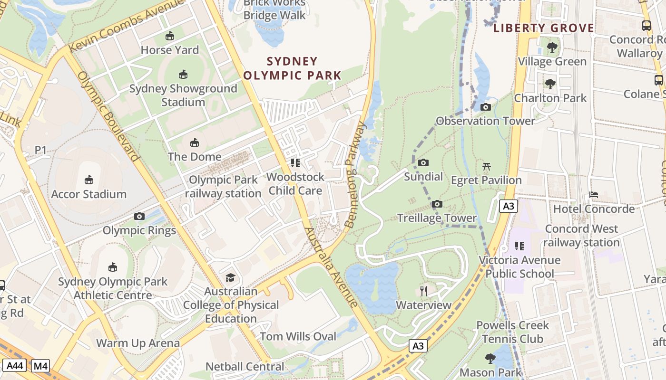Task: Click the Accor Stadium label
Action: tap(89, 194)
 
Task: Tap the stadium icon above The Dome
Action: tap(194, 142)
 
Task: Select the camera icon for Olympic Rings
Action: tap(139, 217)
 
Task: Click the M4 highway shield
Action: tap(40, 366)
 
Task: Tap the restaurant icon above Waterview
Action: tap(424, 291)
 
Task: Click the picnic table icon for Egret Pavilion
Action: tap(486, 166)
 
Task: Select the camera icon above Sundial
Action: tap(423, 163)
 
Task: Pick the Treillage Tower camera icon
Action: tap(437, 204)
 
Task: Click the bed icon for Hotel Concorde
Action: tap(594, 195)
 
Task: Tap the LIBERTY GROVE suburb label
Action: tap(544, 28)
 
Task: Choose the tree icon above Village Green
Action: tap(552, 47)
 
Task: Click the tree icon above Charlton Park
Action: tap(550, 84)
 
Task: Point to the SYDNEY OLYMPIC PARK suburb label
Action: tap(293, 68)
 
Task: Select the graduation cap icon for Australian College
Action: tap(230, 277)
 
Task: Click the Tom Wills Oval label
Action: tap(298, 336)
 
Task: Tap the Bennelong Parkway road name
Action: tap(355, 174)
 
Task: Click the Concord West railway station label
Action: tap(581, 236)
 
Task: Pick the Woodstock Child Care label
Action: tap(295, 183)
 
